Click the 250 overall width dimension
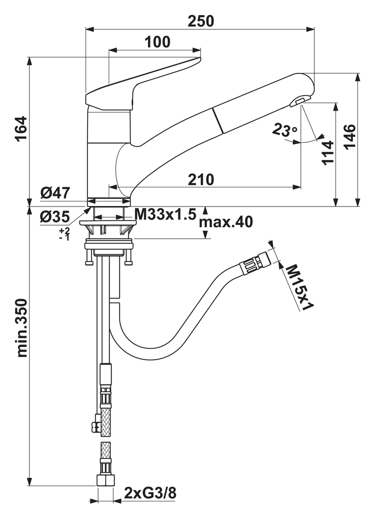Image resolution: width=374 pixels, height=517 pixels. click(201, 21)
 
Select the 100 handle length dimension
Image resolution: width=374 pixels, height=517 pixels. click(157, 42)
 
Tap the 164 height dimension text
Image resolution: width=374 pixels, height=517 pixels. click(21, 129)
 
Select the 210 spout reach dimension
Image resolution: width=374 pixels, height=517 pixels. click(201, 179)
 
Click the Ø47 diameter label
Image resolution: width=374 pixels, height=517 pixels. click(55, 192)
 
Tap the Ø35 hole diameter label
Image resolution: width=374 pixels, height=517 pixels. click(55, 217)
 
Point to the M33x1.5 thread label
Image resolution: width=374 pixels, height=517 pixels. click(165, 215)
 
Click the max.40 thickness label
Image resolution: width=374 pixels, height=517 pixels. click(225, 222)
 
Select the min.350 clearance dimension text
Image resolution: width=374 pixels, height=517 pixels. click(22, 328)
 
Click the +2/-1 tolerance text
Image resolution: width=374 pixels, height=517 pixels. click(64, 233)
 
